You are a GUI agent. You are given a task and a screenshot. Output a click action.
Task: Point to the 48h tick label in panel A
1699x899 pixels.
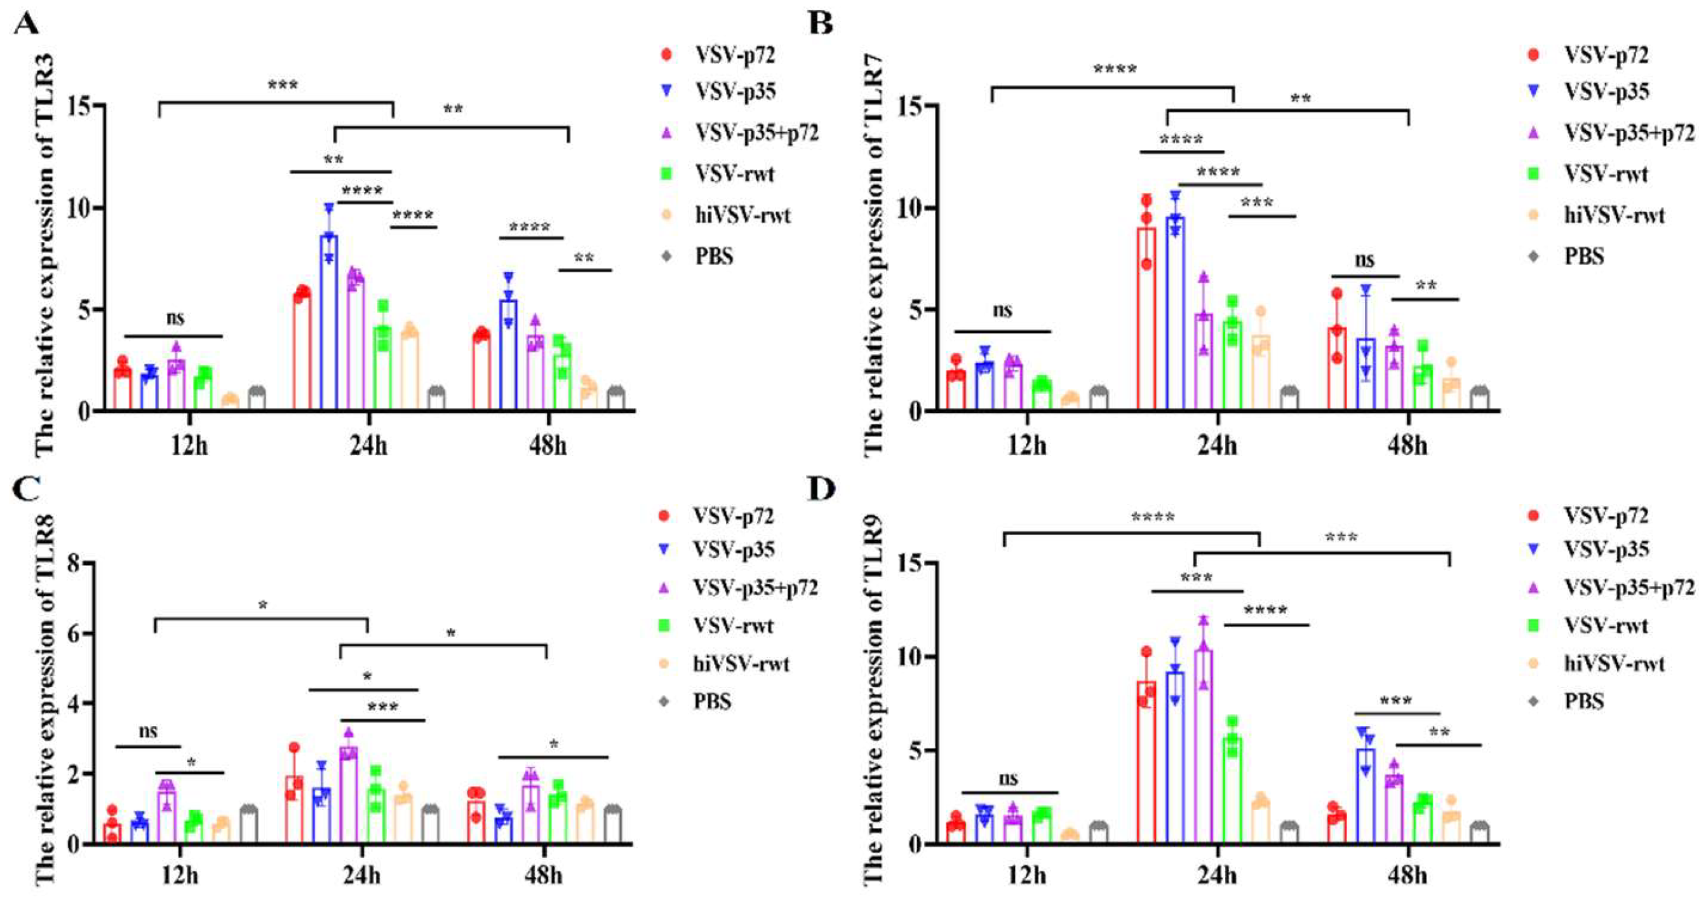point(548,447)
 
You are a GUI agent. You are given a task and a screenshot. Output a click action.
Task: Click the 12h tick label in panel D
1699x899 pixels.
point(1027,876)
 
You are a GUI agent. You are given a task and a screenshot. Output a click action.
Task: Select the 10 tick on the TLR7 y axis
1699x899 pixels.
point(910,208)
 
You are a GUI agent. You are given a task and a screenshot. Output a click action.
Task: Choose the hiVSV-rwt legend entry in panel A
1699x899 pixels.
point(742,215)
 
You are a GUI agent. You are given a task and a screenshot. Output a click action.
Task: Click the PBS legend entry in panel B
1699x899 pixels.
point(1584,256)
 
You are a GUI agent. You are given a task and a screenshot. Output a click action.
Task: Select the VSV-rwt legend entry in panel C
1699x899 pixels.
point(733,625)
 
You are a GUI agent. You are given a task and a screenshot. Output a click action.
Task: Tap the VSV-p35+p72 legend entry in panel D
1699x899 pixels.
point(1628,587)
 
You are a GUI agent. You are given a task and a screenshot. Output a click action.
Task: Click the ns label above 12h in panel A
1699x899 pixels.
point(175,318)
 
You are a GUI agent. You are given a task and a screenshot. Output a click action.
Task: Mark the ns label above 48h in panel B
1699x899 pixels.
point(1364,260)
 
